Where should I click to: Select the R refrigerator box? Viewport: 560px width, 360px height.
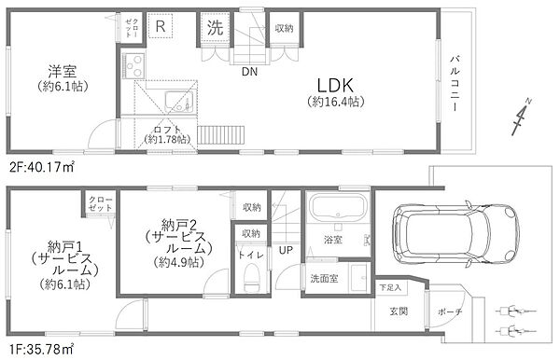pos(161,25)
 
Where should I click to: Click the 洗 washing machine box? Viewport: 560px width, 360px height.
pos(213,27)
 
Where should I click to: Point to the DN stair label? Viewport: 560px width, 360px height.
pos(249,71)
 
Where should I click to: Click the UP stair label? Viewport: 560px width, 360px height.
pos(285,249)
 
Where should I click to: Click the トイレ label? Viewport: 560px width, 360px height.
pos(248,254)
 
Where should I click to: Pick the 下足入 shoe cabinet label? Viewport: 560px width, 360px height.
pos(390,287)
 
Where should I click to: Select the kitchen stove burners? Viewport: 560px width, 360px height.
pos(132,66)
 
